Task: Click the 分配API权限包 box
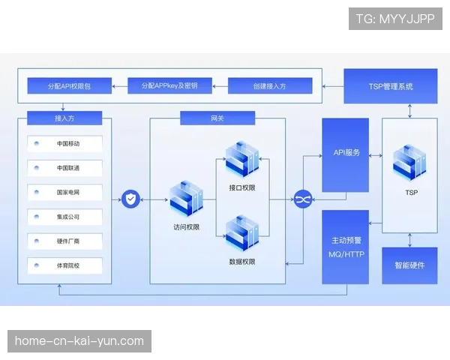coord(68,86)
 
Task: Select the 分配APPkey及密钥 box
coord(169,86)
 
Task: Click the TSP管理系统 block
coord(390,86)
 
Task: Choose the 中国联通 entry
coord(68,168)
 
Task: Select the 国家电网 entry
coord(68,193)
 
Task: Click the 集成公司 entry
coord(68,217)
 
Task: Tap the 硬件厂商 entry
coord(68,241)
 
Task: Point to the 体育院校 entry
coord(68,265)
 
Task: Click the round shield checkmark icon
coord(131,199)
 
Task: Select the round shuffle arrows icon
coord(302,199)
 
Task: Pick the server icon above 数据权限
coord(241,232)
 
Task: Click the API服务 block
coord(346,154)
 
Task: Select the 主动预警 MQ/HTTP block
coord(346,247)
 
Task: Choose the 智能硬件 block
coord(409,265)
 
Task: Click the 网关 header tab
coord(217,118)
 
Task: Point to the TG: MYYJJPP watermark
coord(395,18)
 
